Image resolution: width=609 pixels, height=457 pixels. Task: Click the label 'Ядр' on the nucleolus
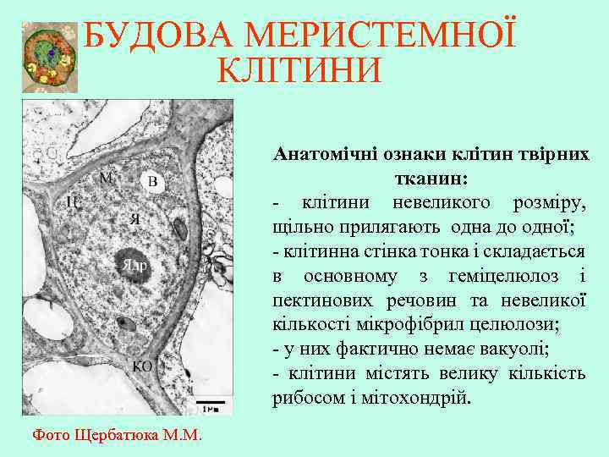pyautogui.click(x=135, y=265)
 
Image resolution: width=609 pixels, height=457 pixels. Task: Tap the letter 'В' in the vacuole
pyautogui.click(x=152, y=183)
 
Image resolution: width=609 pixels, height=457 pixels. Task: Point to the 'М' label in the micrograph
pyautogui.click(x=106, y=178)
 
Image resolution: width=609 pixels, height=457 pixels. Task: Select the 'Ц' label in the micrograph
pyautogui.click(x=74, y=201)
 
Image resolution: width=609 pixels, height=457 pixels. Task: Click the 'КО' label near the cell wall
pyautogui.click(x=143, y=366)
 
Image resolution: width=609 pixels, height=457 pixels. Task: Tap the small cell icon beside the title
pyautogui.click(x=50, y=57)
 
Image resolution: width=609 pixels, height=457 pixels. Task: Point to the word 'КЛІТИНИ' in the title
pyautogui.click(x=299, y=70)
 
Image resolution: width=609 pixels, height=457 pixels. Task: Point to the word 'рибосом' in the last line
pyautogui.click(x=306, y=398)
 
